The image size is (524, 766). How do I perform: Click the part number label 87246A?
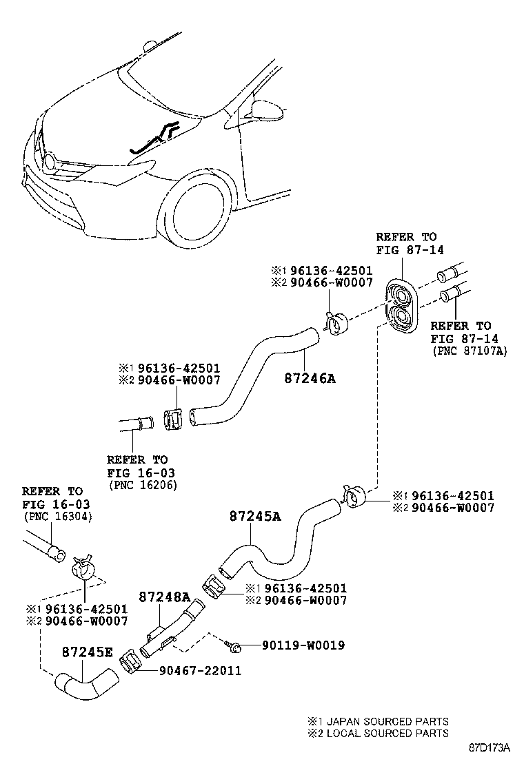pyautogui.click(x=310, y=378)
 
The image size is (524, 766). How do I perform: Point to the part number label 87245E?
pyautogui.click(x=87, y=652)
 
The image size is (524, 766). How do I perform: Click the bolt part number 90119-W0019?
pyautogui.click(x=303, y=645)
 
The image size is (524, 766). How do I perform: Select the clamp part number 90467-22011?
pyautogui.click(x=200, y=670)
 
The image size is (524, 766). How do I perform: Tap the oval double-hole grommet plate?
pyautogui.click(x=401, y=305)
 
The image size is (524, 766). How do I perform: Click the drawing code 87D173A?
pyautogui.click(x=490, y=747)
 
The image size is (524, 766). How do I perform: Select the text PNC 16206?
pyautogui.click(x=143, y=485)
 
